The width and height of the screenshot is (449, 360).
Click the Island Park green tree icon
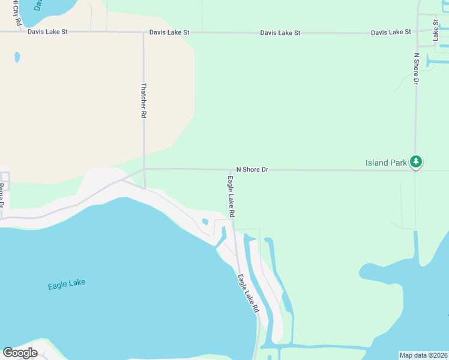(416, 161)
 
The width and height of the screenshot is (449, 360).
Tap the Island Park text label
(386, 163)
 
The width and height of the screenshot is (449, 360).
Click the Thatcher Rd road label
(143, 100)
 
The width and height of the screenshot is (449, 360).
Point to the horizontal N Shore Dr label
(252, 170)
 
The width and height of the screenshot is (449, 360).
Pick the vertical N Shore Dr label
(415, 68)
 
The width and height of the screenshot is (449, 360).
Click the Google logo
(20, 353)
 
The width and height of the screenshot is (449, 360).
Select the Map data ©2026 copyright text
(423, 355)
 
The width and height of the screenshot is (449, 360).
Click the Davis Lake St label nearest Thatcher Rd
(169, 32)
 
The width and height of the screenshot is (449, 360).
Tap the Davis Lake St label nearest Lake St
(391, 32)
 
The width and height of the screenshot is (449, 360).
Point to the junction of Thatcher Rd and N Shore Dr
(144, 169)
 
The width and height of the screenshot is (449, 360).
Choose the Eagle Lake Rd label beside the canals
(248, 293)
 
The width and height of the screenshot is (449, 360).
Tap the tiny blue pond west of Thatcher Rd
(17, 57)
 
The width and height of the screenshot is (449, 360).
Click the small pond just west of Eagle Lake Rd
(205, 221)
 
